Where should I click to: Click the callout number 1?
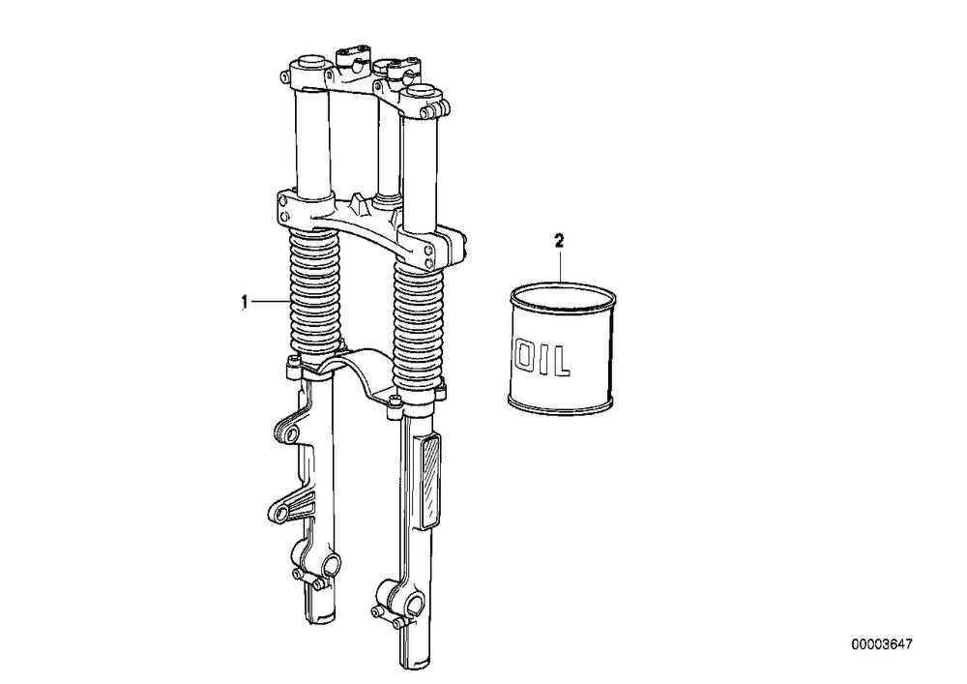[x=245, y=302]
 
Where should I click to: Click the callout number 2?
[x=559, y=241]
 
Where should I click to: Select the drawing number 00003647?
[x=882, y=644]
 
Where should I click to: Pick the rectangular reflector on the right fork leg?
[x=429, y=481]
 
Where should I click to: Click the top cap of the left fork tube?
[x=310, y=63]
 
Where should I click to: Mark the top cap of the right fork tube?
[x=422, y=91]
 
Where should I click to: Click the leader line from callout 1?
[x=269, y=302]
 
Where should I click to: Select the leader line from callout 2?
[x=559, y=265]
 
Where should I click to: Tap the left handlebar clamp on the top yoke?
[x=353, y=57]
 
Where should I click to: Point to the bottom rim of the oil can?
[x=561, y=407]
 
